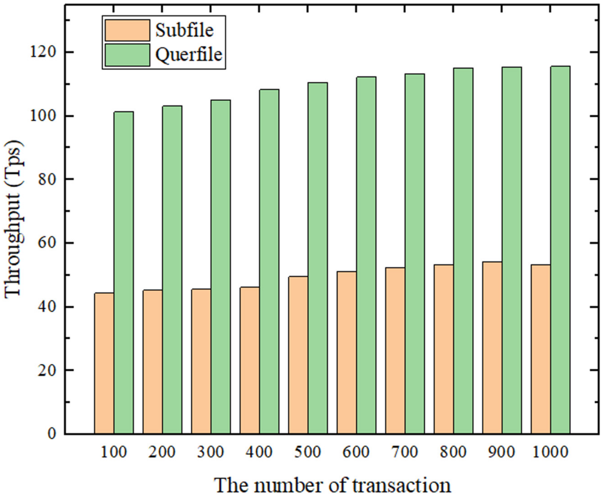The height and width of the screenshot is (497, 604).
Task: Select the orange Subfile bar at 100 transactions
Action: pos(104,363)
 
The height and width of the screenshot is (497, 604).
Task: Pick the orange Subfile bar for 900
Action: pos(492,348)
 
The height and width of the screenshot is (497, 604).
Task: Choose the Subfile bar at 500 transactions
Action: pos(298,355)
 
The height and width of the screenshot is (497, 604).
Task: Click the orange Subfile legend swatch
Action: pos(127,30)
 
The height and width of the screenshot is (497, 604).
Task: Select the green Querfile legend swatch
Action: pos(127,55)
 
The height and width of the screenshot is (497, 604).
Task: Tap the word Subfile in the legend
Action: pos(184,30)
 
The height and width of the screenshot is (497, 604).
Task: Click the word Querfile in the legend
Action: pos(189,54)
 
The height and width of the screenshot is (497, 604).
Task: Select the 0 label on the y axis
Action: pos(52,434)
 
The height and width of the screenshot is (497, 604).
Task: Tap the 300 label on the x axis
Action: pos(211,452)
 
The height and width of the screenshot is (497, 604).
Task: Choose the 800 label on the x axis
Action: pos(453,452)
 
